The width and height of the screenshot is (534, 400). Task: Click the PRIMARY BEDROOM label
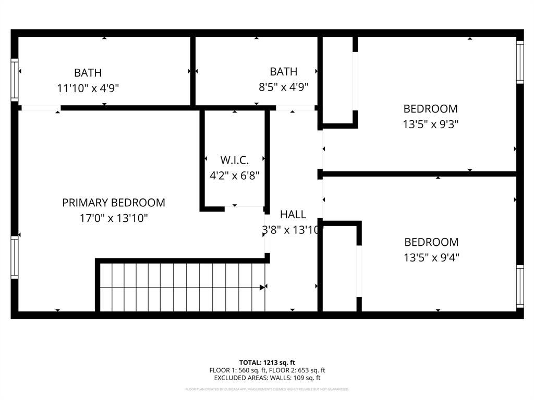tap(113, 203)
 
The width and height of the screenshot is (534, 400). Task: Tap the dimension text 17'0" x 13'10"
tap(113, 218)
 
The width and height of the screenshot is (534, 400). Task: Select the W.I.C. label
tap(234, 160)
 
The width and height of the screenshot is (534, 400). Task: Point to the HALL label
tap(293, 214)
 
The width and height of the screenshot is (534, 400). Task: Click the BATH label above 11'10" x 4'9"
tap(88, 73)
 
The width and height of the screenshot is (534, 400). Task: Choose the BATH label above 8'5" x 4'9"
tap(283, 72)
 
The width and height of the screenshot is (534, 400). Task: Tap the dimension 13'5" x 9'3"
tap(430, 124)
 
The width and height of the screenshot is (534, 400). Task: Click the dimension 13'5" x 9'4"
tap(431, 257)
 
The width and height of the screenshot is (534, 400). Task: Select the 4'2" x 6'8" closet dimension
tap(234, 176)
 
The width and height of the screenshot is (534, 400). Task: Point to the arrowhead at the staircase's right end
tap(263, 286)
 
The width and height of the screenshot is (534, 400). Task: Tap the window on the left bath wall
tap(15, 80)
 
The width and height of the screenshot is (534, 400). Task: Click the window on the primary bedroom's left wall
tap(15, 257)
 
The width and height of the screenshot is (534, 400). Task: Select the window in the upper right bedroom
tap(519, 62)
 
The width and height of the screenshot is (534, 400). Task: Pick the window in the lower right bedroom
tap(519, 286)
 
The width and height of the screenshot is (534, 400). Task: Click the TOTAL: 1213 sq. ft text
tap(267, 362)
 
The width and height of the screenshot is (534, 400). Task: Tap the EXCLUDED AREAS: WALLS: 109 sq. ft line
tap(267, 378)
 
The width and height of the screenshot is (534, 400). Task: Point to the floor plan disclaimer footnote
tap(267, 389)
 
